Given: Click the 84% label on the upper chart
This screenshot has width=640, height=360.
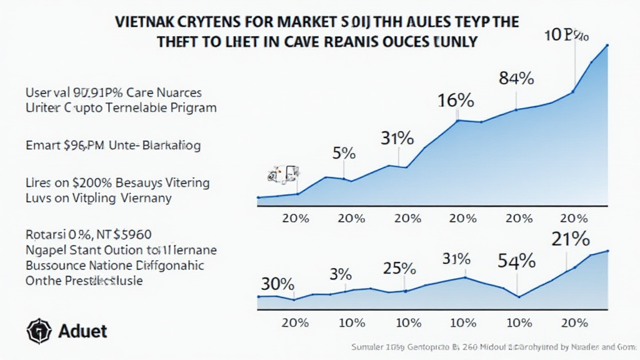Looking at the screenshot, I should click(x=516, y=79).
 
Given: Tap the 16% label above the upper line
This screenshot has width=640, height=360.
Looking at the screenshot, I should click(x=456, y=100).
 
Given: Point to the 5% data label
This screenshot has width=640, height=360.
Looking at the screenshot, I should click(x=344, y=152).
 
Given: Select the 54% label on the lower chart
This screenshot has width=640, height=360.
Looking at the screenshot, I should click(x=516, y=261).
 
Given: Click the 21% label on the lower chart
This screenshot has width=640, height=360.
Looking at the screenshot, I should click(x=571, y=239).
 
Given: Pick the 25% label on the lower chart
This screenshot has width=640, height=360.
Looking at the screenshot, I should click(x=399, y=267).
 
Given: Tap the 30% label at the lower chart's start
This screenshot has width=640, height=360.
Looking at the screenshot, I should click(x=277, y=283).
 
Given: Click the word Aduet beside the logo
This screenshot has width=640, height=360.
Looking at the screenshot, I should click(x=82, y=331).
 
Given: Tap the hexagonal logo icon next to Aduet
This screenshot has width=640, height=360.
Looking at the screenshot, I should click(x=39, y=330).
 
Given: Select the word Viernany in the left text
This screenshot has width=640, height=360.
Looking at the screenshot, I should click(x=147, y=198).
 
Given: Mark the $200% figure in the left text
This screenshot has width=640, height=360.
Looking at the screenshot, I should click(x=95, y=183).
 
